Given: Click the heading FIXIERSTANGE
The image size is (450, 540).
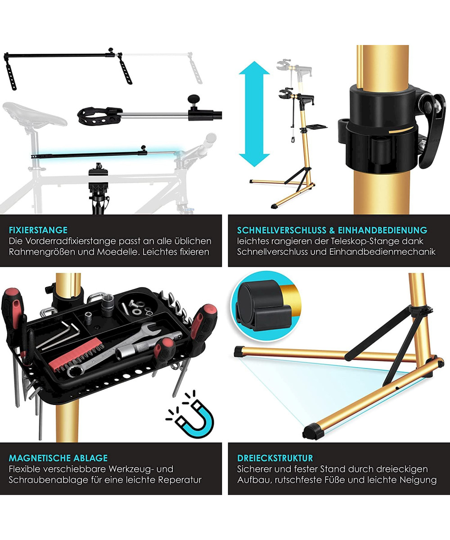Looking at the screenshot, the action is tap(38, 230).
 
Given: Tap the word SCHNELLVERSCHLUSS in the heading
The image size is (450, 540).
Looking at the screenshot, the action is tap(282, 230).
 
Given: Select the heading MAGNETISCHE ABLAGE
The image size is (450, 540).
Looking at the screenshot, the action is tap(58, 458).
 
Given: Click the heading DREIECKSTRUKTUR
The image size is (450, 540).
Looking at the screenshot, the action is tap(275, 458).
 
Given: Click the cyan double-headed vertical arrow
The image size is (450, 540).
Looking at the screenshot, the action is tap(255, 114).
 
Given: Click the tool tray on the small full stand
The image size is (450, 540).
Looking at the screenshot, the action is tap(316, 127).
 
